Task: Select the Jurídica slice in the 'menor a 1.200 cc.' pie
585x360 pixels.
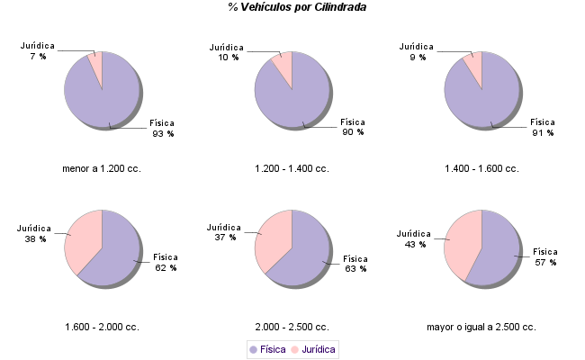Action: coord(95,65)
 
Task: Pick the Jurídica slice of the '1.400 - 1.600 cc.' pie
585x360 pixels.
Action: coord(473,66)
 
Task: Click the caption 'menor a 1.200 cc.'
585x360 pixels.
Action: coord(102,168)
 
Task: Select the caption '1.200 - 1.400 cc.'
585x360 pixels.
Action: coord(292,168)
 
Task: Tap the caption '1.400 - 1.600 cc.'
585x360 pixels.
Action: coord(481,168)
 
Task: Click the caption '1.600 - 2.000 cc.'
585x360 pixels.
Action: coord(102,327)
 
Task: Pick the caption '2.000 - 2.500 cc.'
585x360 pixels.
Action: coord(292,327)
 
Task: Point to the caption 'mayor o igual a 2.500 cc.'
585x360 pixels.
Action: coord(481,327)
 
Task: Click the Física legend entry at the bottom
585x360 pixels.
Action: coord(267,349)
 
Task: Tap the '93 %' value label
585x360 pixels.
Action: coord(163,133)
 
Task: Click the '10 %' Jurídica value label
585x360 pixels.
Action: coord(229,57)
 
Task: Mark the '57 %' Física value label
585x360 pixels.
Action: coord(545,262)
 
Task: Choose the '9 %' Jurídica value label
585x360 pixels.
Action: coord(418,57)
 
